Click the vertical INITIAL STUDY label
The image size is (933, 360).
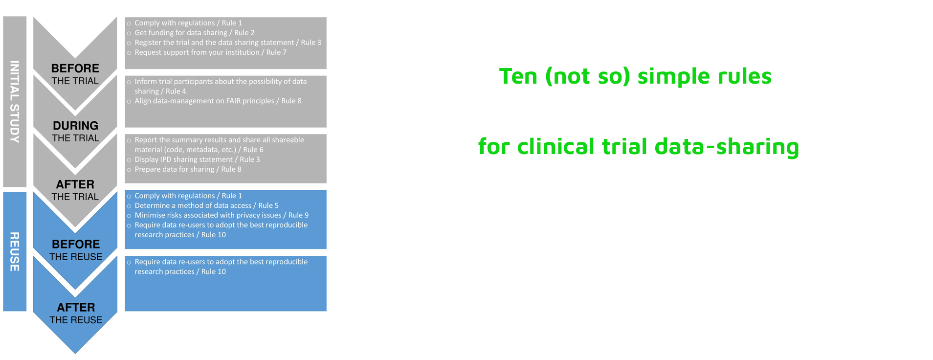[x=15, y=102]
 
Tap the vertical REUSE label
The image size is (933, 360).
[x=15, y=252]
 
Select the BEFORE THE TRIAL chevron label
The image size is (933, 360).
[x=75, y=74]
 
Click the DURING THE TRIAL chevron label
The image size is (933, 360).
[x=75, y=132]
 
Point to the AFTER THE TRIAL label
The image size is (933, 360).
[x=75, y=190]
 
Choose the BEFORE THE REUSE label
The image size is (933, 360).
[x=76, y=250]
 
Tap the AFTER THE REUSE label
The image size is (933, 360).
[x=76, y=314]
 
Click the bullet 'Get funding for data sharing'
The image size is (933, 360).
[x=195, y=33]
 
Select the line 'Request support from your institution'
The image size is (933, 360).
[x=211, y=52]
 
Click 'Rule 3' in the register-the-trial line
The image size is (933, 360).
[x=311, y=43]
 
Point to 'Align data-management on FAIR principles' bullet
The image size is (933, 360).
[x=218, y=101]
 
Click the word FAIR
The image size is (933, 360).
[x=234, y=101]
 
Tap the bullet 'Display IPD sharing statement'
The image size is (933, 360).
[x=197, y=159]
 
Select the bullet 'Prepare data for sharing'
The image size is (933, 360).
[x=188, y=169]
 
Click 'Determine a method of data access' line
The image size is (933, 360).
[x=206, y=205]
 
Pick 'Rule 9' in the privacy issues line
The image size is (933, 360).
[x=298, y=215]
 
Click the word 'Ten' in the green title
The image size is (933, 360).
[x=519, y=76]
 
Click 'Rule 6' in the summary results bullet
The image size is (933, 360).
[x=253, y=150]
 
